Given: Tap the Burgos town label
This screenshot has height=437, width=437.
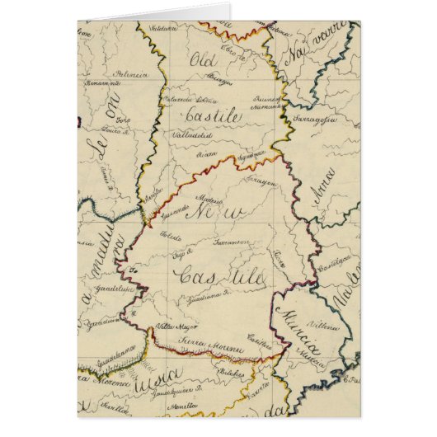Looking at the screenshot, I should (218, 82).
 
